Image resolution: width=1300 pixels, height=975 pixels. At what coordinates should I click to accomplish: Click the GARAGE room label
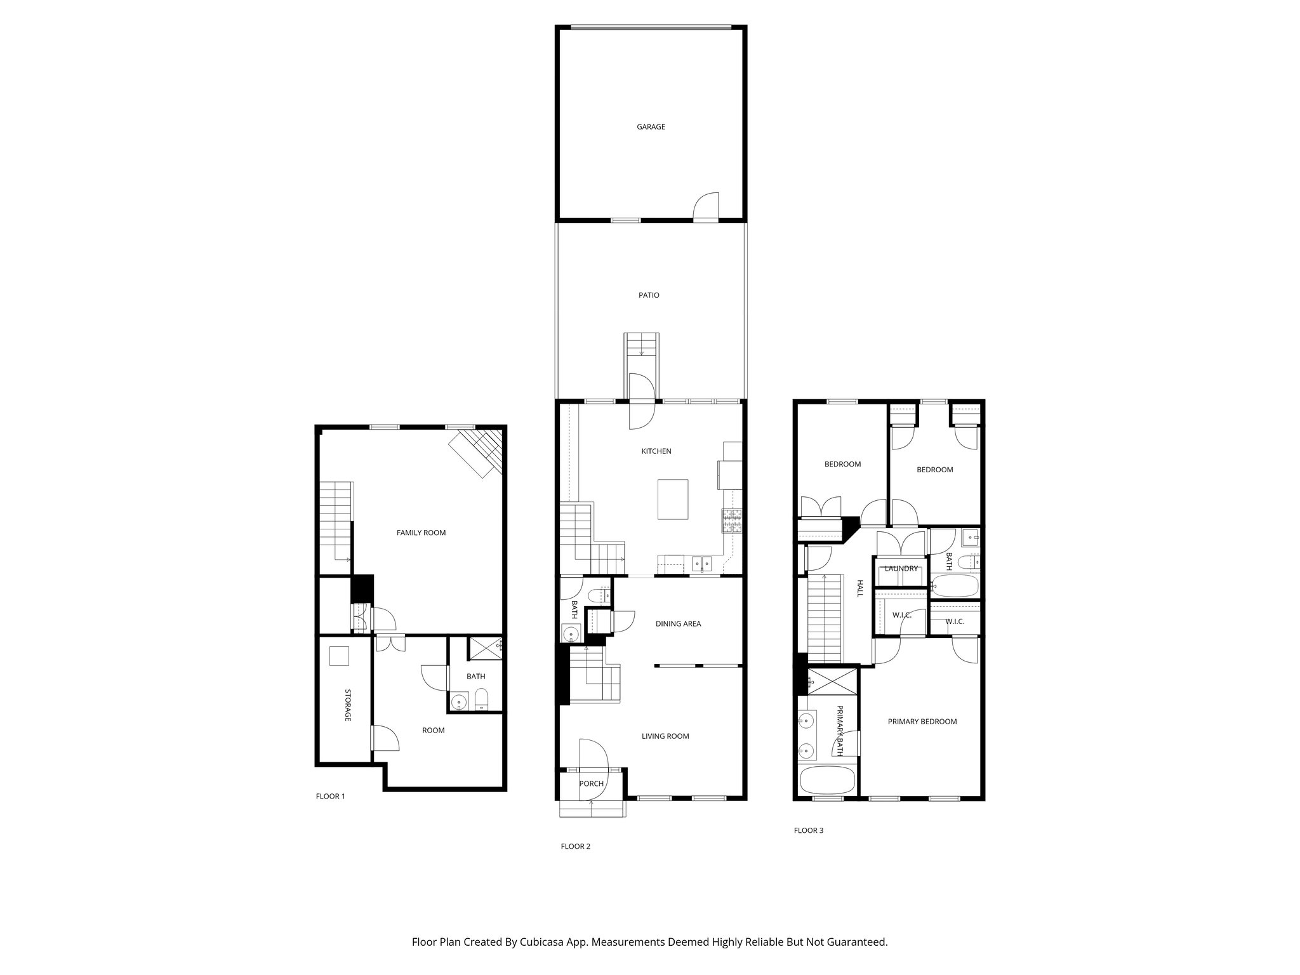tap(651, 127)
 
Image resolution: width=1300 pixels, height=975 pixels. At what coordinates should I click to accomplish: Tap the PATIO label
tap(649, 295)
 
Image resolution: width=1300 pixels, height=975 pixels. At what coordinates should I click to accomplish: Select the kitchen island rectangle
tap(673, 500)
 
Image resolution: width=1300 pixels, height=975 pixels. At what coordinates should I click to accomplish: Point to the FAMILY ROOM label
tap(421, 533)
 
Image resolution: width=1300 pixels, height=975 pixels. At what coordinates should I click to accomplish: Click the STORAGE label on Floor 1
tap(348, 705)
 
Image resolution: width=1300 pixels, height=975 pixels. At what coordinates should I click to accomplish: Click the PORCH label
tap(591, 783)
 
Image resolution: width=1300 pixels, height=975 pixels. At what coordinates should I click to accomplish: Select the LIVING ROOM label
tap(665, 736)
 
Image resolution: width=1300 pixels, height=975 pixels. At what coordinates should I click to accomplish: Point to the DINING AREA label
tap(678, 623)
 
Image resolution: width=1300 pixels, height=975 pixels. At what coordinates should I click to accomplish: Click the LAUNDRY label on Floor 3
tap(901, 569)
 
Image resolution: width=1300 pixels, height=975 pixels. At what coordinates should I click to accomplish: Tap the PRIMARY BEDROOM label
tap(922, 722)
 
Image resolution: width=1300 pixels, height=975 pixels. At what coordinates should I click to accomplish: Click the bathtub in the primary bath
tap(827, 779)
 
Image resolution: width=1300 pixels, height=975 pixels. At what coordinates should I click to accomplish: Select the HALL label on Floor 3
tap(860, 588)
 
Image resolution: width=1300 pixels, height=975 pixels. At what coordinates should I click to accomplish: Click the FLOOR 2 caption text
tap(575, 846)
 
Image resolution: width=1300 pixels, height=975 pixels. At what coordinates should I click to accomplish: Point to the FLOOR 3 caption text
tap(808, 830)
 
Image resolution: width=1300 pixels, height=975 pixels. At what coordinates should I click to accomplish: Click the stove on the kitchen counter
tap(732, 521)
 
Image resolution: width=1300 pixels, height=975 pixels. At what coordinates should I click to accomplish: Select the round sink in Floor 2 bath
tap(571, 633)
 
